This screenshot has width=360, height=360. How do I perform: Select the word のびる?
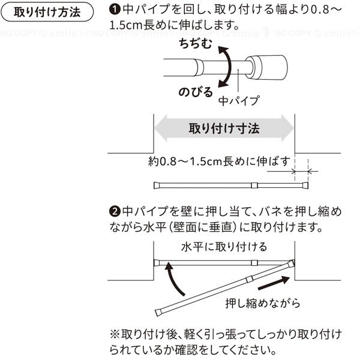click(195, 93)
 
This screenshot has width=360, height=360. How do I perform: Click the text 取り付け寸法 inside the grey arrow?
click(224, 128)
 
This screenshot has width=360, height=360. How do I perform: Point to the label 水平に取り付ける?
click(224, 247)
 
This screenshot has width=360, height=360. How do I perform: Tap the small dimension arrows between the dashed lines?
click(301, 172)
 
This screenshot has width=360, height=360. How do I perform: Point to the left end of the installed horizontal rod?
click(157, 263)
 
